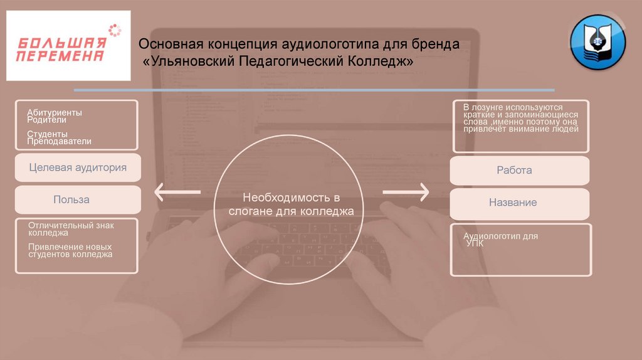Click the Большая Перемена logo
tap(68, 45)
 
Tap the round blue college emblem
tap(597, 42)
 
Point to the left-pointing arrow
tap(178, 192)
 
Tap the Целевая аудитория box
tap(78, 167)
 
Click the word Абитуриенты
tap(55, 112)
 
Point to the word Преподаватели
tap(59, 141)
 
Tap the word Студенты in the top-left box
tap(48, 134)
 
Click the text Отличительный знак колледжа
tap(71, 228)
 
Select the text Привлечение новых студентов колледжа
tap(70, 250)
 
